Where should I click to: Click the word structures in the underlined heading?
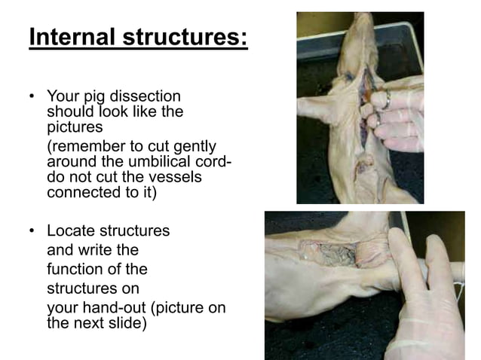click(x=188, y=37)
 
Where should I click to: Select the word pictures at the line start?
click(x=75, y=127)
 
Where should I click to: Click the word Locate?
click(x=71, y=231)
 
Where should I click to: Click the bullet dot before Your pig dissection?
click(x=32, y=98)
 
